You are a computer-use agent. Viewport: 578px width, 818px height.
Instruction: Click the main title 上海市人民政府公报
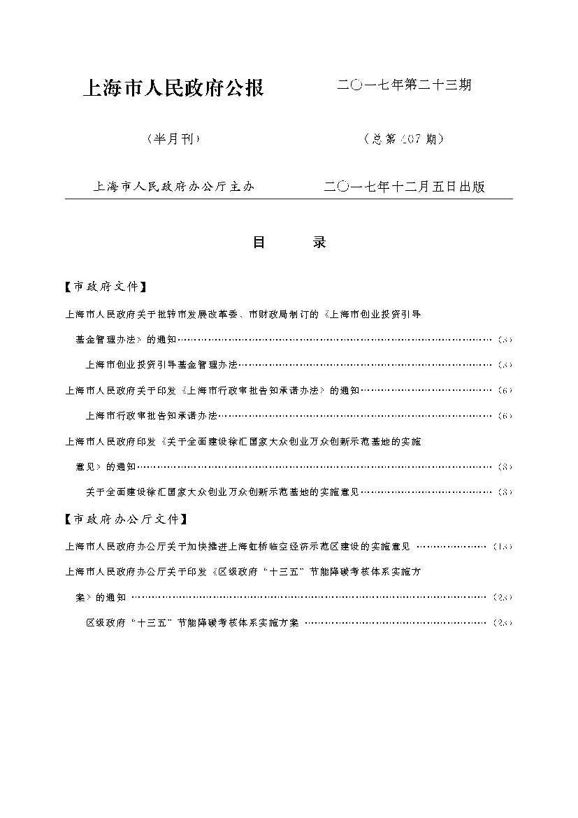point(173,88)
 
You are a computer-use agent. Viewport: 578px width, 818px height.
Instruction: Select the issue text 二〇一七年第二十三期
point(404,85)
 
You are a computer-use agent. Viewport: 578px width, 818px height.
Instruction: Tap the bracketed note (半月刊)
point(173,138)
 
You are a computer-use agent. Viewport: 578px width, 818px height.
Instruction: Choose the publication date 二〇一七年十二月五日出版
point(404,187)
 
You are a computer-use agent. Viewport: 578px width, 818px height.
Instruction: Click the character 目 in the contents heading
point(259,243)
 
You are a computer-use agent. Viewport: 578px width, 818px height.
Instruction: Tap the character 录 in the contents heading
point(319,243)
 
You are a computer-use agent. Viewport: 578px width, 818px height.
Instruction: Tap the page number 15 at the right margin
point(503,547)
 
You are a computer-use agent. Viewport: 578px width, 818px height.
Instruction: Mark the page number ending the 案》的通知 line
point(503,597)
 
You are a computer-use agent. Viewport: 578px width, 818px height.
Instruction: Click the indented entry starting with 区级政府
point(192,622)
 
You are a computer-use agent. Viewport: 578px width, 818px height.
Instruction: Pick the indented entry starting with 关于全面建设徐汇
point(222,491)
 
